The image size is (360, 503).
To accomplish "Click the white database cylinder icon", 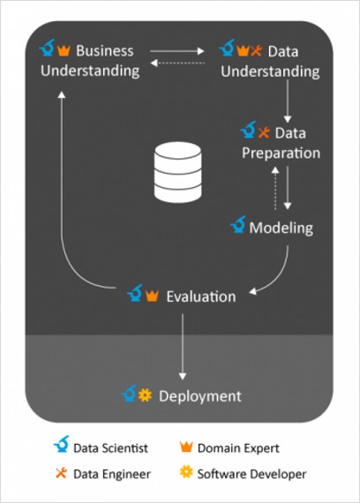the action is tap(177, 172).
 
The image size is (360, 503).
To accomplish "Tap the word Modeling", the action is tap(281, 229).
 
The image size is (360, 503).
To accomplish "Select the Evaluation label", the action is tap(201, 297).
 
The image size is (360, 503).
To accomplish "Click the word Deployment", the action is tap(200, 396).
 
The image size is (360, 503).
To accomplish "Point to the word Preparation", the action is tap(281, 154).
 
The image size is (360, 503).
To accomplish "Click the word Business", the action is tap(105, 50).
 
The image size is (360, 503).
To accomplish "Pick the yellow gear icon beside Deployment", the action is tap(145, 395).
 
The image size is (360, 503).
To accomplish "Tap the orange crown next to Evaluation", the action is tap(152, 296).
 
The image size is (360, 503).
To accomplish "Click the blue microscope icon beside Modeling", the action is tap(238, 224).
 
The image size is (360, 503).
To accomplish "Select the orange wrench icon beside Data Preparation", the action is tap(264, 132).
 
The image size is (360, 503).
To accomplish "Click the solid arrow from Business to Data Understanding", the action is tap(177, 51).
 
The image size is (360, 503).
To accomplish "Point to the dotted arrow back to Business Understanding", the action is tap(177, 63).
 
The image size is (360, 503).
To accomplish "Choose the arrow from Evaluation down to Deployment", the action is tap(183, 347).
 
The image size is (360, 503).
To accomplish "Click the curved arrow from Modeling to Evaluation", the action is tap(279, 277).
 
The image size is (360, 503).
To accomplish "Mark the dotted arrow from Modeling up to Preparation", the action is tap(275, 188).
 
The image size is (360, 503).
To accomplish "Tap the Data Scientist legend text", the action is tap(110, 448).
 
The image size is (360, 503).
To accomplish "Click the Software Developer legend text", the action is tap(251, 474).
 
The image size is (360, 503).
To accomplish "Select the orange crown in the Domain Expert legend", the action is tap(186, 447).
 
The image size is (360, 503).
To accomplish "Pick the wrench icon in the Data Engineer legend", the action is tap(61, 473).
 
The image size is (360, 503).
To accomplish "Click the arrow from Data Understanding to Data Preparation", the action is tap(288, 101).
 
